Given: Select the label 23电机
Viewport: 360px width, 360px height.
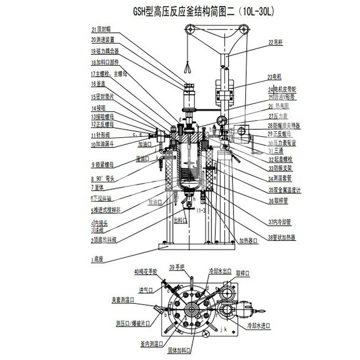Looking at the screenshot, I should [275, 77].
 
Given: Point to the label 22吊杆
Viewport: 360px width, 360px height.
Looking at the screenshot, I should [276, 42].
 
